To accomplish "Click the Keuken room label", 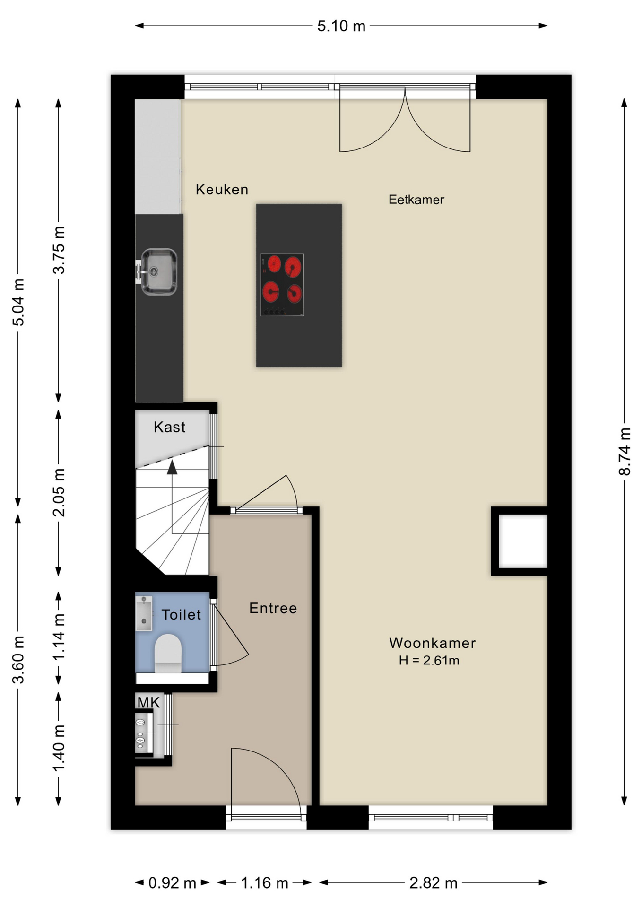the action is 222,190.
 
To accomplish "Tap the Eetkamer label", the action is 416,200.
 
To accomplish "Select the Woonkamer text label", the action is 432,643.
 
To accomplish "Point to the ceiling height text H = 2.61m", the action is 429,660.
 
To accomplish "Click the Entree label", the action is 273,608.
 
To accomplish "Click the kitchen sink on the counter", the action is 159,272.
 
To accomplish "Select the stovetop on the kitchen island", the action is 282,285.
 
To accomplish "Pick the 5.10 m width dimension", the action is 341,26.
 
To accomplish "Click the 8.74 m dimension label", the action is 625,452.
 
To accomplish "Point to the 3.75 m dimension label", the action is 59,251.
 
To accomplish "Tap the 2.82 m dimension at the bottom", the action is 434,883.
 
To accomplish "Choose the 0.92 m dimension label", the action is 172,883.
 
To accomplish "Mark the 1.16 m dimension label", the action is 264,883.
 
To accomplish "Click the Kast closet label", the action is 169,427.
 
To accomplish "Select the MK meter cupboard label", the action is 148,703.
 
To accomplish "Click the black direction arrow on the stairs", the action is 172,467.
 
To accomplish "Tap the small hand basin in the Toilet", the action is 144,613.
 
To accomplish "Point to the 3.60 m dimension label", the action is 18,660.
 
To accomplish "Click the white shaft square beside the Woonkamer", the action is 523,541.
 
